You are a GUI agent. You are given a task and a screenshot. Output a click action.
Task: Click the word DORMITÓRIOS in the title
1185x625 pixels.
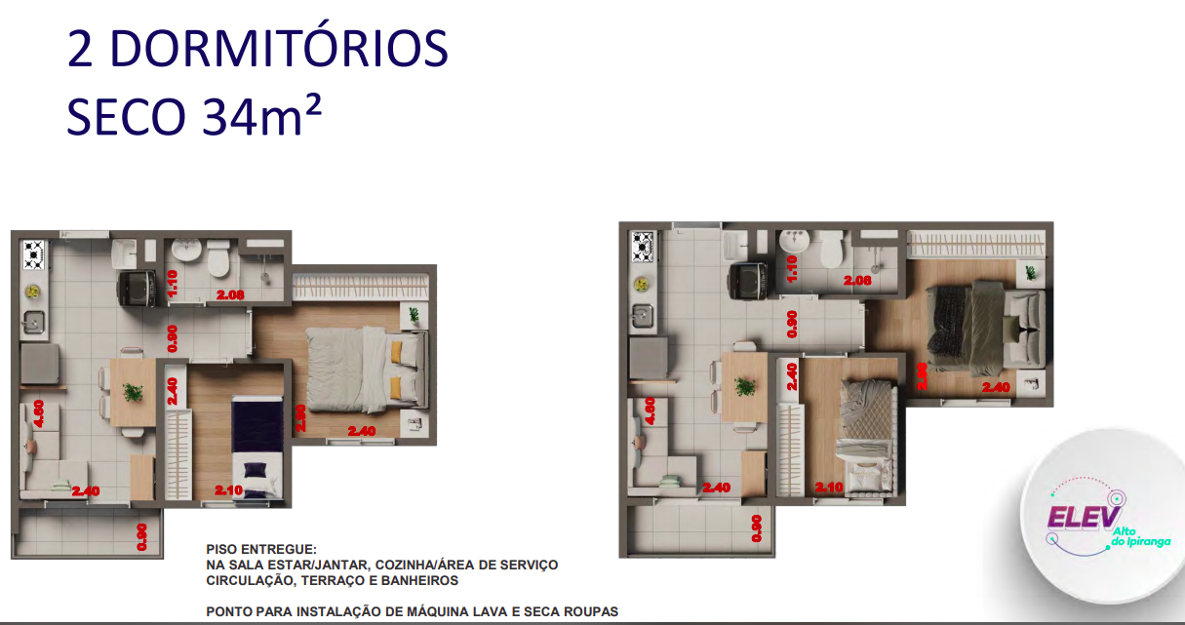276,50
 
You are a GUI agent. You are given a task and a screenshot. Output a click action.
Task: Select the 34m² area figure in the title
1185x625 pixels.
261,117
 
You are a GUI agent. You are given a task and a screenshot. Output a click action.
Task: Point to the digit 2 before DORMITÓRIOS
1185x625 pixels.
81,50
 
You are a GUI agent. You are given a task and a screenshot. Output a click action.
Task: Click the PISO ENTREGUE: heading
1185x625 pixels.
261,550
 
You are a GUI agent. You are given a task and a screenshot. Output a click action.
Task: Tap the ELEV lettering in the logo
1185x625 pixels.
1085,518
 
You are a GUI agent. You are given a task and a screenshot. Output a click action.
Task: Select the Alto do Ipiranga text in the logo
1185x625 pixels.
1138,535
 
